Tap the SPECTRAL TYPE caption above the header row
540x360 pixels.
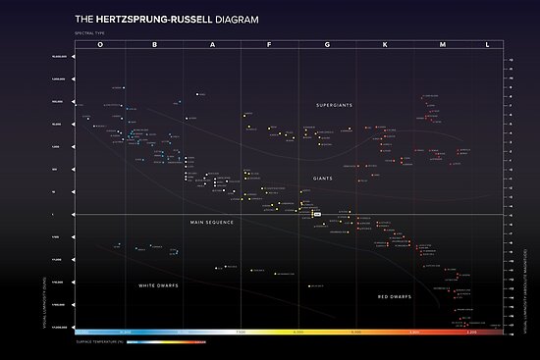click(x=89, y=34)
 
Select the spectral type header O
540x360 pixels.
click(x=99, y=45)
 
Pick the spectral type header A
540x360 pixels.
click(x=212, y=45)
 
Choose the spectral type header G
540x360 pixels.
click(x=327, y=45)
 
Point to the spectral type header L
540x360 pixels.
click(x=487, y=45)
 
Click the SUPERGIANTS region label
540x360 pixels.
click(x=334, y=105)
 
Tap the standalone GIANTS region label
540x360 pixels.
click(x=323, y=179)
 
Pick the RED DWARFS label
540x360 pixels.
click(x=394, y=295)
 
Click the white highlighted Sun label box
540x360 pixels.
click(x=316, y=212)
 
